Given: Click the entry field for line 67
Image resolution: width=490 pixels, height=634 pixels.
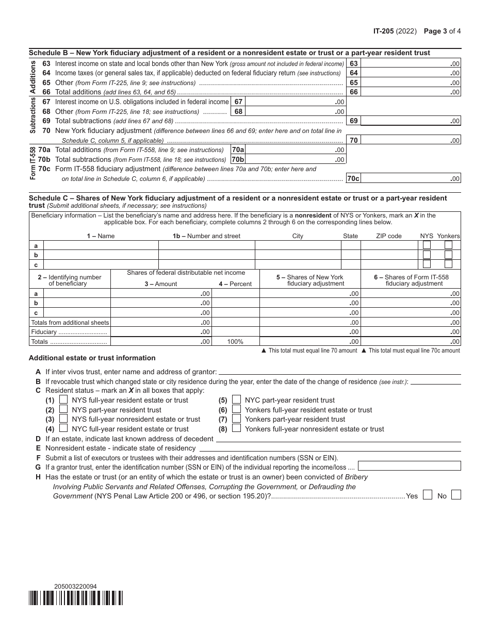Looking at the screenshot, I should click(295, 102).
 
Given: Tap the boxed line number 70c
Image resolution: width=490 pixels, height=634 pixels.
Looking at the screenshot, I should click(353, 179).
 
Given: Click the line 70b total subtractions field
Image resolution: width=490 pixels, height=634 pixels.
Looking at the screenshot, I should click(295, 160).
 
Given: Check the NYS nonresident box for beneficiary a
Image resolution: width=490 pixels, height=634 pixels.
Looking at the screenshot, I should click(427, 245).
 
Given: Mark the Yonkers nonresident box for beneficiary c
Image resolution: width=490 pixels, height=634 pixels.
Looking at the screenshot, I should click(448, 264).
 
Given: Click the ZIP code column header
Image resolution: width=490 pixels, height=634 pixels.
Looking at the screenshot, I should click(388, 236).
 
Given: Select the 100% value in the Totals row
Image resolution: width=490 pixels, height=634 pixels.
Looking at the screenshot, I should click(235, 342).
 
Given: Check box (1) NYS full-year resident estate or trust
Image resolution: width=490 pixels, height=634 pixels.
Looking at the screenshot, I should click(63, 399).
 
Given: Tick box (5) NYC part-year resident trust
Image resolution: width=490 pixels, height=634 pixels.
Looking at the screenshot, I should click(236, 399).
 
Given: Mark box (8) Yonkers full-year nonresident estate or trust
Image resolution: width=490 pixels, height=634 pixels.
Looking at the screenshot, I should click(236, 428).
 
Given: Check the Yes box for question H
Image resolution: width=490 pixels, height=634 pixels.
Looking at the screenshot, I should click(427, 495).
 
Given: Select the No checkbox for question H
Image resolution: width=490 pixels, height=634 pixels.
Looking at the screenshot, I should click(456, 495).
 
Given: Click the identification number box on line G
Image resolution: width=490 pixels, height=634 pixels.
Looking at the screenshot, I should click(413, 466).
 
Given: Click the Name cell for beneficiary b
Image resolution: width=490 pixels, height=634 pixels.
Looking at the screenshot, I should click(101, 255).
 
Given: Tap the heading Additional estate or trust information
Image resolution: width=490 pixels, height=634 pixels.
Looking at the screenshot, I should click(92, 358).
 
